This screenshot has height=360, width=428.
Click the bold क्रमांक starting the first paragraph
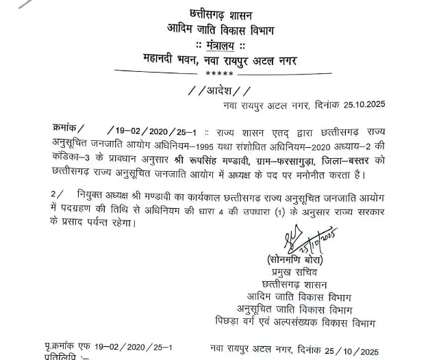click(x=69, y=128)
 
